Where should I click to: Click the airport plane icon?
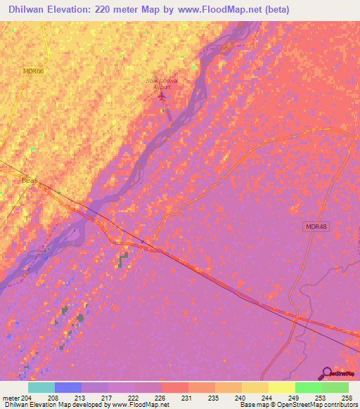click(x=163, y=96)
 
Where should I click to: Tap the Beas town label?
click(x=30, y=181)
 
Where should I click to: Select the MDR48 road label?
click(x=316, y=225)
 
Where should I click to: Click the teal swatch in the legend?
click(x=41, y=388)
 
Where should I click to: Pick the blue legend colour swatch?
click(x=68, y=388)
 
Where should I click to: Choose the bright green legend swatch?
click(x=308, y=388)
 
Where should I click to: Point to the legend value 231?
click(x=186, y=398)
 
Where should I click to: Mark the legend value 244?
click(x=266, y=398)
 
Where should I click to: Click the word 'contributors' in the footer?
click(x=340, y=405)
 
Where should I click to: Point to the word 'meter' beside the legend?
click(x=12, y=398)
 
